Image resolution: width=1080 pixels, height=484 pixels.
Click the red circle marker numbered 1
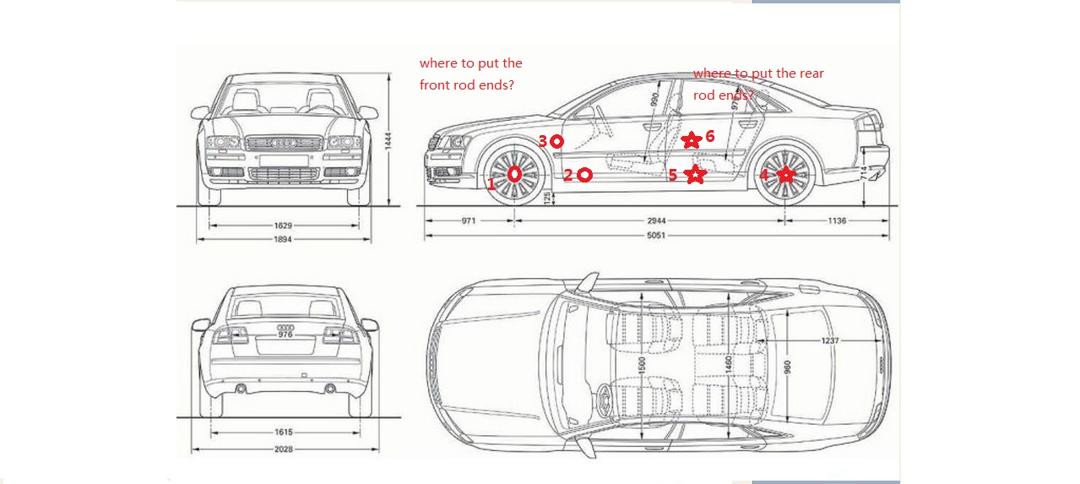[x=515, y=175]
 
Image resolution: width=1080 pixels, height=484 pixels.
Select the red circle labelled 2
[x=584, y=175]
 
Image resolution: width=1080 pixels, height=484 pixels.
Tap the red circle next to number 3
[x=556, y=142]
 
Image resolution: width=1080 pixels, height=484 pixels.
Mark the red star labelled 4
[x=786, y=175]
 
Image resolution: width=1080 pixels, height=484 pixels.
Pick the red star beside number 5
[x=695, y=175]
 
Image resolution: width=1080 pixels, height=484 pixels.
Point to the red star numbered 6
[x=692, y=139]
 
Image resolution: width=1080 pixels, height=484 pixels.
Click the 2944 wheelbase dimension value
[x=656, y=221]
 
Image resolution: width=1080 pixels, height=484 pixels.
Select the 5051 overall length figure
[x=656, y=236]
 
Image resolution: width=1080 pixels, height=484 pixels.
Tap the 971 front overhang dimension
[x=469, y=221]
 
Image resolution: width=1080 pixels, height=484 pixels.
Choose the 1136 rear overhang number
[x=837, y=221]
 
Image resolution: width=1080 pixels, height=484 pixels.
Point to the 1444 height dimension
[x=388, y=141]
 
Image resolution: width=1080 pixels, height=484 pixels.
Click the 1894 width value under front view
[x=282, y=240]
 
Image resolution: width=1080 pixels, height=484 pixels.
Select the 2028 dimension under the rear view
[x=283, y=449]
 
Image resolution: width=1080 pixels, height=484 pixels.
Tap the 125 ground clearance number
[x=547, y=198]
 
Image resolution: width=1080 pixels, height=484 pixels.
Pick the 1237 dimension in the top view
[x=830, y=340]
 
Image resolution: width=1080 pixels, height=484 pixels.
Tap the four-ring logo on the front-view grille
[x=283, y=144]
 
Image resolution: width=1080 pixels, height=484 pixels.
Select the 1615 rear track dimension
[x=283, y=432]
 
